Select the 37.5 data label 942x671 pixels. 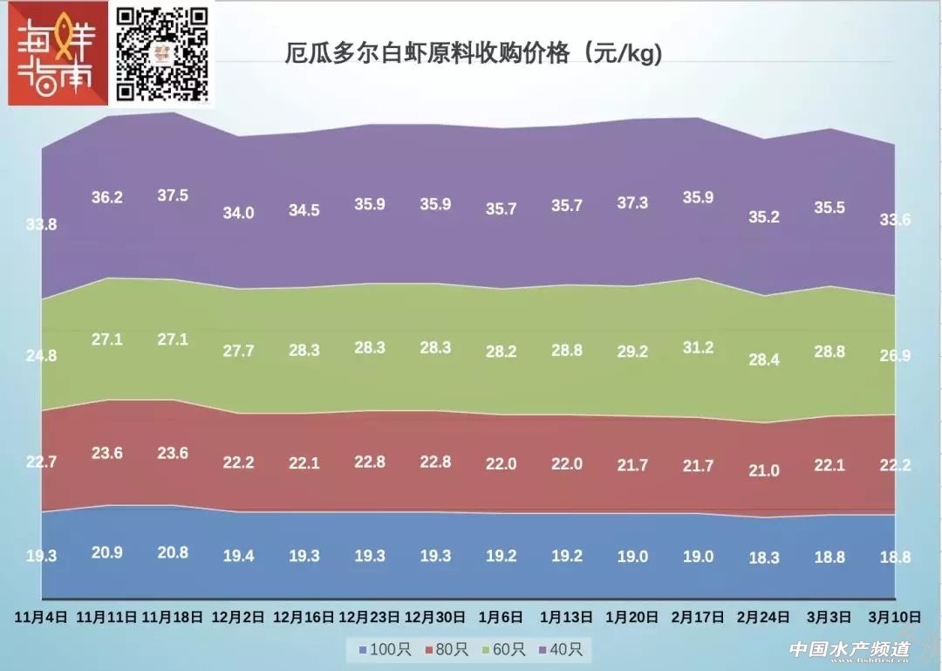click(173, 195)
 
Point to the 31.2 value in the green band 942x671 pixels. click(698, 347)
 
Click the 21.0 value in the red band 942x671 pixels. click(764, 470)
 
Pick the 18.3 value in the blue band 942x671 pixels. click(764, 558)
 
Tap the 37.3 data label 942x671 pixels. click(632, 202)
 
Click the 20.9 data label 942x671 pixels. click(106, 552)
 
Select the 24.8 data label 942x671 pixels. click(41, 355)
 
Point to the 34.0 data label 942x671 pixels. click(238, 213)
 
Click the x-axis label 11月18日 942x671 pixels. click(173, 616)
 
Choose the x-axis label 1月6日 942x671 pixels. click(501, 616)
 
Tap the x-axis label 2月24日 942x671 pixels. click(764, 616)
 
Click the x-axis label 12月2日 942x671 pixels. click(238, 616)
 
